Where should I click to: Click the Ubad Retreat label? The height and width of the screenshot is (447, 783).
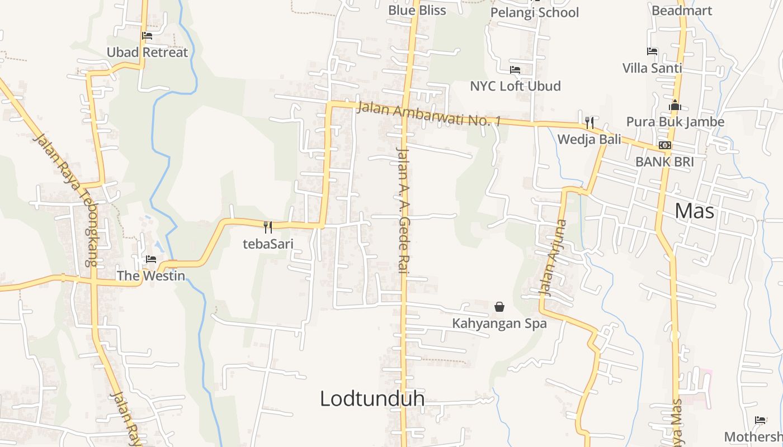(147, 53)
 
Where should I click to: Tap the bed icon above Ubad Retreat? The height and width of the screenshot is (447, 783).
(147, 36)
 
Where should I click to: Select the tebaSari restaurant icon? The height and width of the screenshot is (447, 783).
(268, 227)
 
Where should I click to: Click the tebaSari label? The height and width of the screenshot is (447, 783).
(268, 244)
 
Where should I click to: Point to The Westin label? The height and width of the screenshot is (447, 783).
(150, 275)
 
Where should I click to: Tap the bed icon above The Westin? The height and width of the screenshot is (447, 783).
(150, 259)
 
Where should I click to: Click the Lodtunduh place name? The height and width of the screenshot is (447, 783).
(372, 398)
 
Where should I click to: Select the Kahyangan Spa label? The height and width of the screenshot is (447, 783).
(499, 323)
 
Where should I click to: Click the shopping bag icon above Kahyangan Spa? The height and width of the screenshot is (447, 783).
(499, 307)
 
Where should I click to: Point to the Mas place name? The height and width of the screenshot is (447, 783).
(694, 211)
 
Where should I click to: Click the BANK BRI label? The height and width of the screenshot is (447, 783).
(664, 162)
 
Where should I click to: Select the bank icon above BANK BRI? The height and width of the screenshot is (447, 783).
(664, 145)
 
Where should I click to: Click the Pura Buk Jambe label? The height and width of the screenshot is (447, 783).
(675, 122)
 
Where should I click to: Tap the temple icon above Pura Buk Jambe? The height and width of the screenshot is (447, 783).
(675, 105)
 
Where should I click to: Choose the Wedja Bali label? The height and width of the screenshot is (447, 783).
(589, 139)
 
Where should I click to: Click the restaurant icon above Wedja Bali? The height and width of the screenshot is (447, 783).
(589, 122)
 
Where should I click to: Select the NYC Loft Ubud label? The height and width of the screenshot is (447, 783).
(515, 86)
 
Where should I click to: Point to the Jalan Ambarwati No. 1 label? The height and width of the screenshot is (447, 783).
(428, 113)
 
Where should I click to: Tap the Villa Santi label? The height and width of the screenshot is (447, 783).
(652, 68)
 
